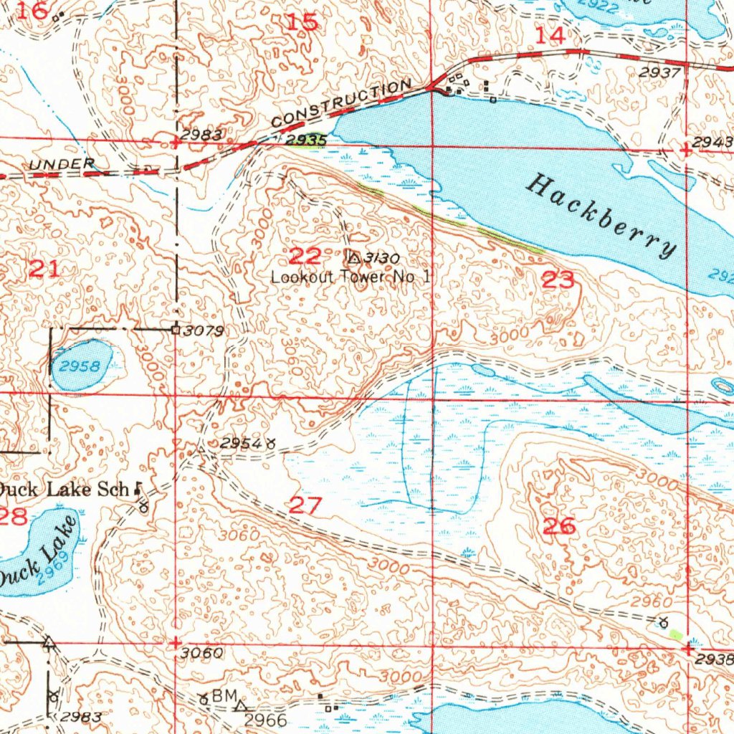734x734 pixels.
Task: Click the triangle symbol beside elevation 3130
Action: (x=353, y=257)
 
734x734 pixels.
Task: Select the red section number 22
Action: (x=305, y=254)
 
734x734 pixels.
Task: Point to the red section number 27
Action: (x=306, y=505)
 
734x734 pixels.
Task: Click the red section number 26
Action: (x=559, y=526)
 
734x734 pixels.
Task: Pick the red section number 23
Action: (x=558, y=280)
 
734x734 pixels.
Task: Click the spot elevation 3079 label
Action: (x=204, y=331)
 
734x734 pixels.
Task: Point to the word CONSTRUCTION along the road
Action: (x=341, y=103)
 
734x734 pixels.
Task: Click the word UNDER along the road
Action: (x=61, y=165)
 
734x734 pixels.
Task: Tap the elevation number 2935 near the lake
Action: (x=306, y=140)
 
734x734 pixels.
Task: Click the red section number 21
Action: (x=44, y=270)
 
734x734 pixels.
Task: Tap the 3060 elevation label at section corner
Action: (x=203, y=654)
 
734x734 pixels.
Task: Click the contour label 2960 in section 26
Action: (x=652, y=601)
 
